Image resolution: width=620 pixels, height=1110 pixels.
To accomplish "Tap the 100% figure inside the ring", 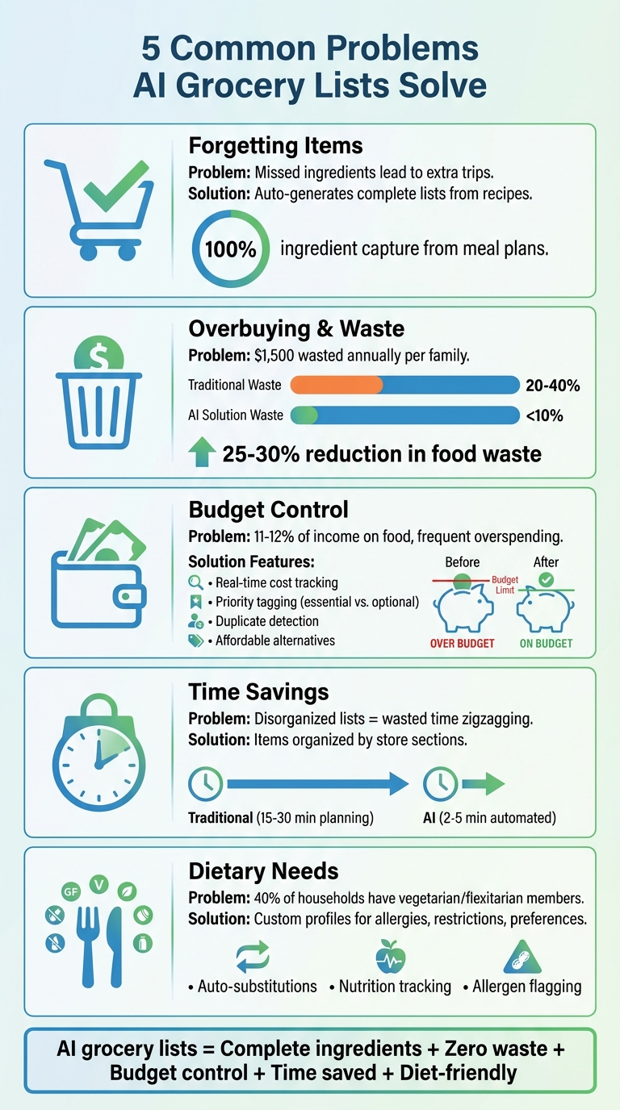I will [x=230, y=249].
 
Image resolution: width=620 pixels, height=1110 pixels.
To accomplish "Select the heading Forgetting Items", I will [x=275, y=146].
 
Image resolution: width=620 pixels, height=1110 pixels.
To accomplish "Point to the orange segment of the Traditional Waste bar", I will [x=335, y=385].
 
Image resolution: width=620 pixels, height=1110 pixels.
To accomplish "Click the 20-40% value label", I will [x=552, y=386].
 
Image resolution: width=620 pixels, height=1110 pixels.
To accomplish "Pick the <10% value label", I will [x=543, y=415].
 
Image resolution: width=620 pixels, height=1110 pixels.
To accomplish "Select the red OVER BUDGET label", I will [x=463, y=643].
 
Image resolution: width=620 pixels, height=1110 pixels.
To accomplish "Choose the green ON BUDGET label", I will [x=546, y=643].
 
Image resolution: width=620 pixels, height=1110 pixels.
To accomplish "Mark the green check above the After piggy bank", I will [x=546, y=579].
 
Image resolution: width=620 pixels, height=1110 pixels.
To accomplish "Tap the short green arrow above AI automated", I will [x=483, y=782].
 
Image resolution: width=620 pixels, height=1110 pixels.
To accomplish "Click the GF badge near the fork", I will [x=72, y=891].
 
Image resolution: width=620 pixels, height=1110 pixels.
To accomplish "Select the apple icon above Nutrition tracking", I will [x=392, y=958].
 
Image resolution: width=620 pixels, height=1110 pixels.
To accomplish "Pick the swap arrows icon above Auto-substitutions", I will [x=253, y=958].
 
